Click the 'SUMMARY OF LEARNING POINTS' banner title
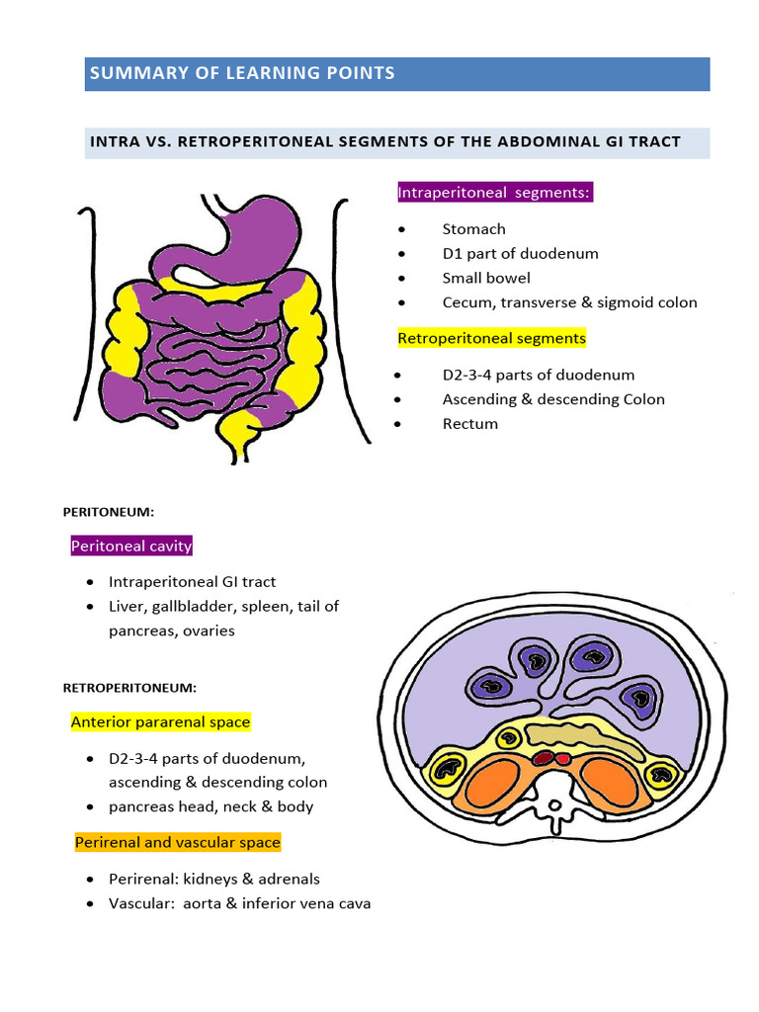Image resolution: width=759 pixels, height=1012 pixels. [x=242, y=73]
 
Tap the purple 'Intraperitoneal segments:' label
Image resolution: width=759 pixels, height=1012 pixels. [x=494, y=193]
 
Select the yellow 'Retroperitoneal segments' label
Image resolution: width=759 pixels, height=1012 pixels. [x=491, y=338]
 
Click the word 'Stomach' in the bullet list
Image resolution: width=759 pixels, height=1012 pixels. [x=473, y=229]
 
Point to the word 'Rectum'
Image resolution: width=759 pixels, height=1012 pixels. [x=469, y=424]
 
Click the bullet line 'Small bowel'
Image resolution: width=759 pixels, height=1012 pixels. [x=486, y=278]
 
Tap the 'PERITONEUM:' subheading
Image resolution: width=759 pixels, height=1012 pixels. [x=109, y=512]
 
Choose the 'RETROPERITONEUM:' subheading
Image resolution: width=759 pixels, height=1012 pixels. [x=129, y=687]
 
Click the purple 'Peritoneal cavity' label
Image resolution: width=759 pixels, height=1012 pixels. [x=130, y=547]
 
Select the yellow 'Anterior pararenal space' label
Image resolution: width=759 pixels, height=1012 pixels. [x=160, y=722]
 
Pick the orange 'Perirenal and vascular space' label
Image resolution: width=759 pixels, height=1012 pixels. [x=178, y=843]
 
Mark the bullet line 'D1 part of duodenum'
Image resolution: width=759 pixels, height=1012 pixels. [x=520, y=253]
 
